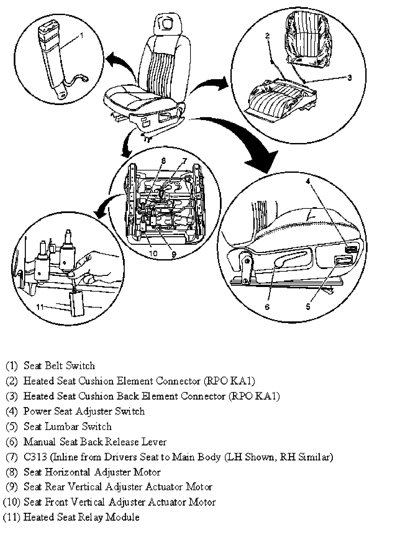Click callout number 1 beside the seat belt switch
81,35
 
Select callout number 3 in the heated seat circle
349,78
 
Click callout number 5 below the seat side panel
308,306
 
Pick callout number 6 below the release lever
267,306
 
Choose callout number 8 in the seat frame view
164,161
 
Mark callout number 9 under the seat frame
174,253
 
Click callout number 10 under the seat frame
153,253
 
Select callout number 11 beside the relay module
40,307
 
